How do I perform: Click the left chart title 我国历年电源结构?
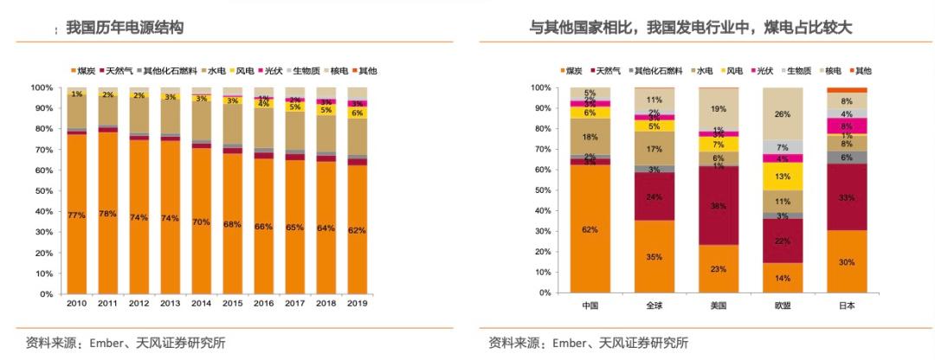(126, 29)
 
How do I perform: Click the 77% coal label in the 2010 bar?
(77, 215)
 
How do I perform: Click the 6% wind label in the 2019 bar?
(357, 112)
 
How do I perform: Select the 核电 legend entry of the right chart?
(834, 70)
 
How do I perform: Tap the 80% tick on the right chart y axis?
(538, 129)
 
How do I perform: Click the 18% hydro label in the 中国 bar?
(590, 137)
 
